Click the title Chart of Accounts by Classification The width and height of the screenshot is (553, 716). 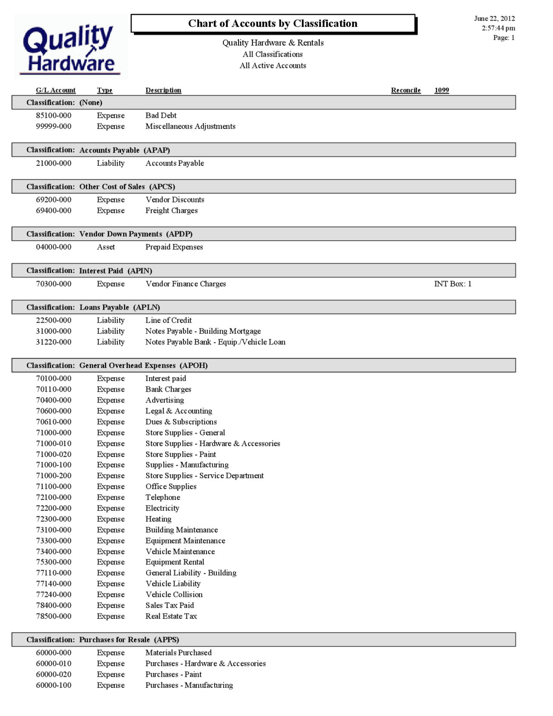pos(273,24)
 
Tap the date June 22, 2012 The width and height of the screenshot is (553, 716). pos(494,19)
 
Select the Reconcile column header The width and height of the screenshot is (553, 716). pos(406,90)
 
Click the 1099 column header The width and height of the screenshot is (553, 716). pos(442,90)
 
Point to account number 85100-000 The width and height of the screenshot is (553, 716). pos(54,115)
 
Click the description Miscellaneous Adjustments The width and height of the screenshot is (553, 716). pos(190,126)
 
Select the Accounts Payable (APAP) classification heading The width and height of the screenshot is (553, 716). pos(124,150)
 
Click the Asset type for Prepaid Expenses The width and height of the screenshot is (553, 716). pos(106,247)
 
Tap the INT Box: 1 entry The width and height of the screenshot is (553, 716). pos(452,284)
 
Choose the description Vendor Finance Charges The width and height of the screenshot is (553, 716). pos(185,284)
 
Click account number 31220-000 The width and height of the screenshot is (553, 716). pos(54,342)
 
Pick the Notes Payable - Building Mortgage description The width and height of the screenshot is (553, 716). pos(203,331)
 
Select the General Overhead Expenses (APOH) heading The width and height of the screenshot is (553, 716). pos(143,365)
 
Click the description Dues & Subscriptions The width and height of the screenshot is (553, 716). pos(181,422)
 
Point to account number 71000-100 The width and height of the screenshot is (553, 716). pos(54,465)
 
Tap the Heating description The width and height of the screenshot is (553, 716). pos(158,519)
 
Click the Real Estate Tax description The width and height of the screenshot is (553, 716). pos(171,616)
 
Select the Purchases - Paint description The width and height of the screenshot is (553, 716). pos(173,674)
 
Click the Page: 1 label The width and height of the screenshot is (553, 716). pos(504,38)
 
